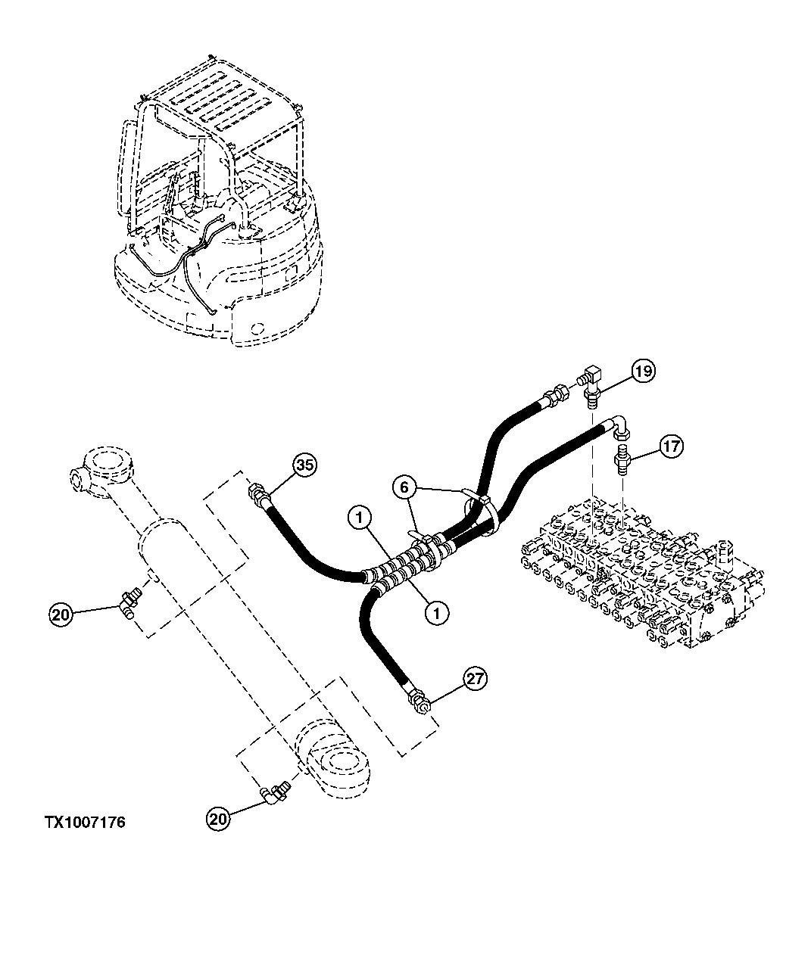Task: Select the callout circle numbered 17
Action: point(670,446)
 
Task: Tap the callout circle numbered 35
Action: point(304,466)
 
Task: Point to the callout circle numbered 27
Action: point(473,679)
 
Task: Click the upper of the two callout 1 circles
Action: point(360,518)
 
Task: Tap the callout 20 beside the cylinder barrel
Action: point(62,614)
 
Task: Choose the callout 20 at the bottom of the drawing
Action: point(218,818)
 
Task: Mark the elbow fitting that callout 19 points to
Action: point(591,382)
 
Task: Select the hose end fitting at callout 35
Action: point(258,496)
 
